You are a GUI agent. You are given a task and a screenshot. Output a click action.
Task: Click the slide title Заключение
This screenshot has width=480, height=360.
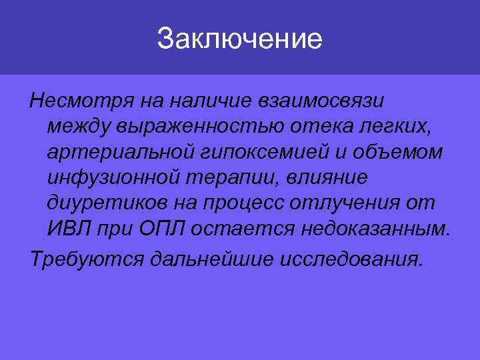(x=239, y=39)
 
